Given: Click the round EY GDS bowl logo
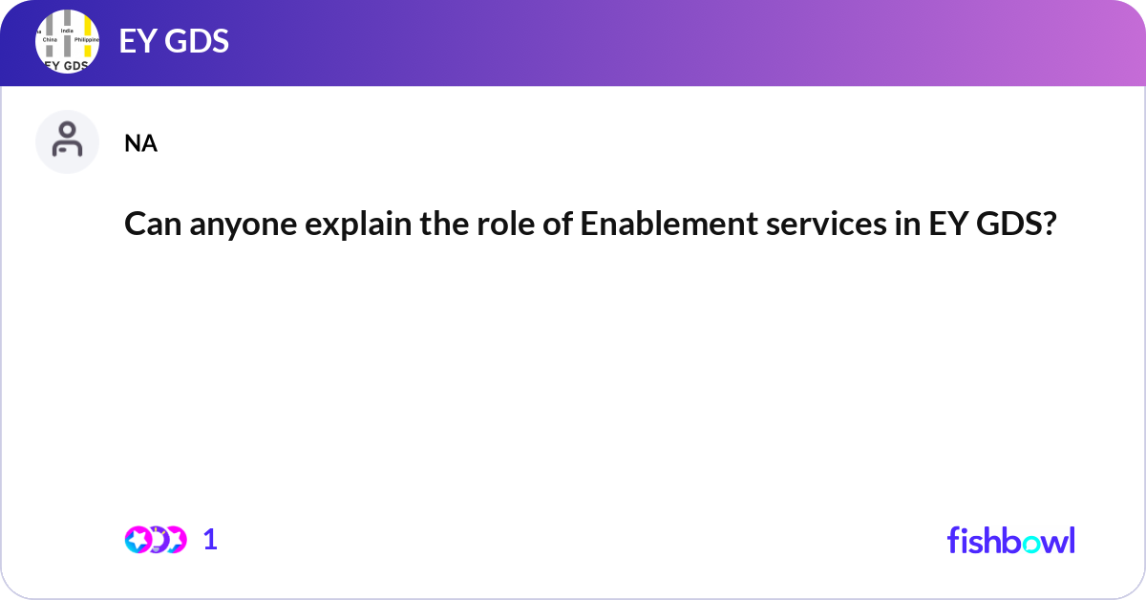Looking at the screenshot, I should tap(67, 42).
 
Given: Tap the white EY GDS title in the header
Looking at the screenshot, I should tap(174, 42).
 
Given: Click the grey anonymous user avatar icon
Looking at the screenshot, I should tap(67, 141).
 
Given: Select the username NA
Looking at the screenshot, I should tap(140, 144).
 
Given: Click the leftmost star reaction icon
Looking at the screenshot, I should tap(138, 540).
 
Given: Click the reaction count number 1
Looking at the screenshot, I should tap(210, 540).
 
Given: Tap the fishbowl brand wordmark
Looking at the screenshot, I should tap(1010, 540).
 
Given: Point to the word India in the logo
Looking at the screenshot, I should tap(67, 31).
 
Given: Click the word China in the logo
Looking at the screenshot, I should tap(50, 40).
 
